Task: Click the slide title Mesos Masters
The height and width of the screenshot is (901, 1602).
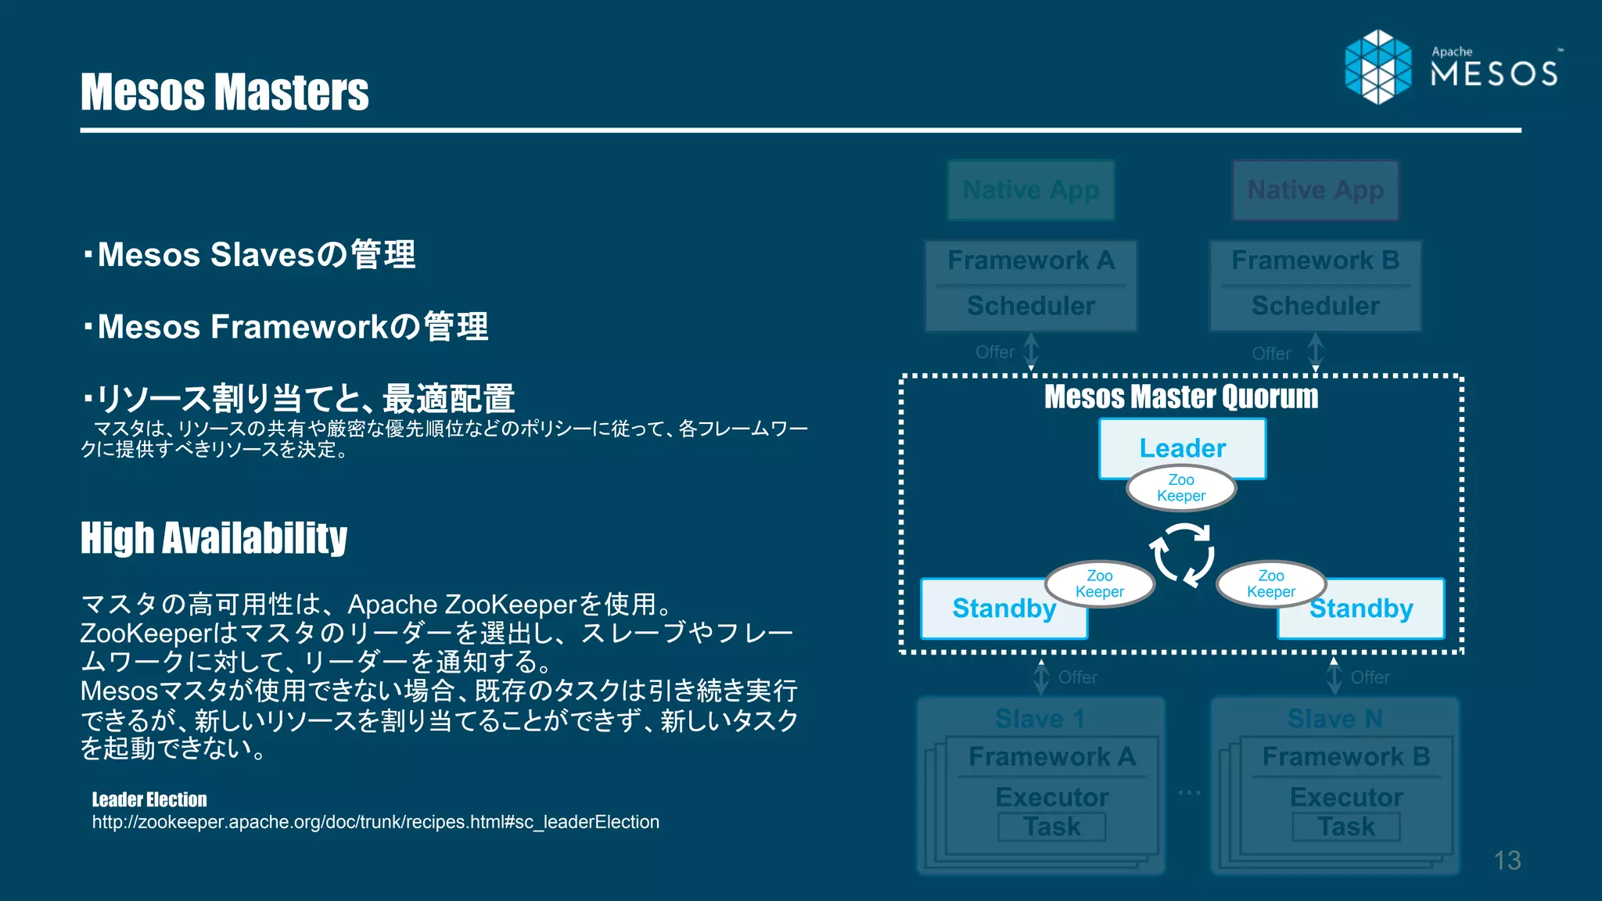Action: point(224,92)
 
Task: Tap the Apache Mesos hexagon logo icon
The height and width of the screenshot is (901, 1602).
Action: point(1378,66)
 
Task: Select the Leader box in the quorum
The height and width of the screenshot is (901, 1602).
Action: point(1182,447)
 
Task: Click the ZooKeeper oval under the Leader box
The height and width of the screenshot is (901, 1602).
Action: point(1181,488)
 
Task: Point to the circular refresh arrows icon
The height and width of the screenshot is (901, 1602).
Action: point(1182,555)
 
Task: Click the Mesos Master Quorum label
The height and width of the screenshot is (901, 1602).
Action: point(1181,397)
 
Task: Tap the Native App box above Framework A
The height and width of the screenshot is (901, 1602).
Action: point(1031,190)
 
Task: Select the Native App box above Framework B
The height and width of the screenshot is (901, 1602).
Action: point(1316,190)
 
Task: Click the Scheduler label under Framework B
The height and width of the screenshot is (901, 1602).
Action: point(1316,306)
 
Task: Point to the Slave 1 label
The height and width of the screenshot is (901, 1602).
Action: point(1040,718)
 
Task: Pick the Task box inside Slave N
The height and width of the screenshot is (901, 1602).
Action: point(1346,827)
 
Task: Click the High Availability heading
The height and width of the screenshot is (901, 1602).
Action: point(214,538)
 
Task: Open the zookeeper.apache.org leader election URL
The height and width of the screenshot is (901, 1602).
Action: point(375,822)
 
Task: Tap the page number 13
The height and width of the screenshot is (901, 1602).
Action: point(1507,860)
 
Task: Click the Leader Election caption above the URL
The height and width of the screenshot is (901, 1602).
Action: point(149,799)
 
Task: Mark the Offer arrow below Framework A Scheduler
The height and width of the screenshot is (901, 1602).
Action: point(1031,351)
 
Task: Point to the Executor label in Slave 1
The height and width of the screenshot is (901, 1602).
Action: point(1052,797)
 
